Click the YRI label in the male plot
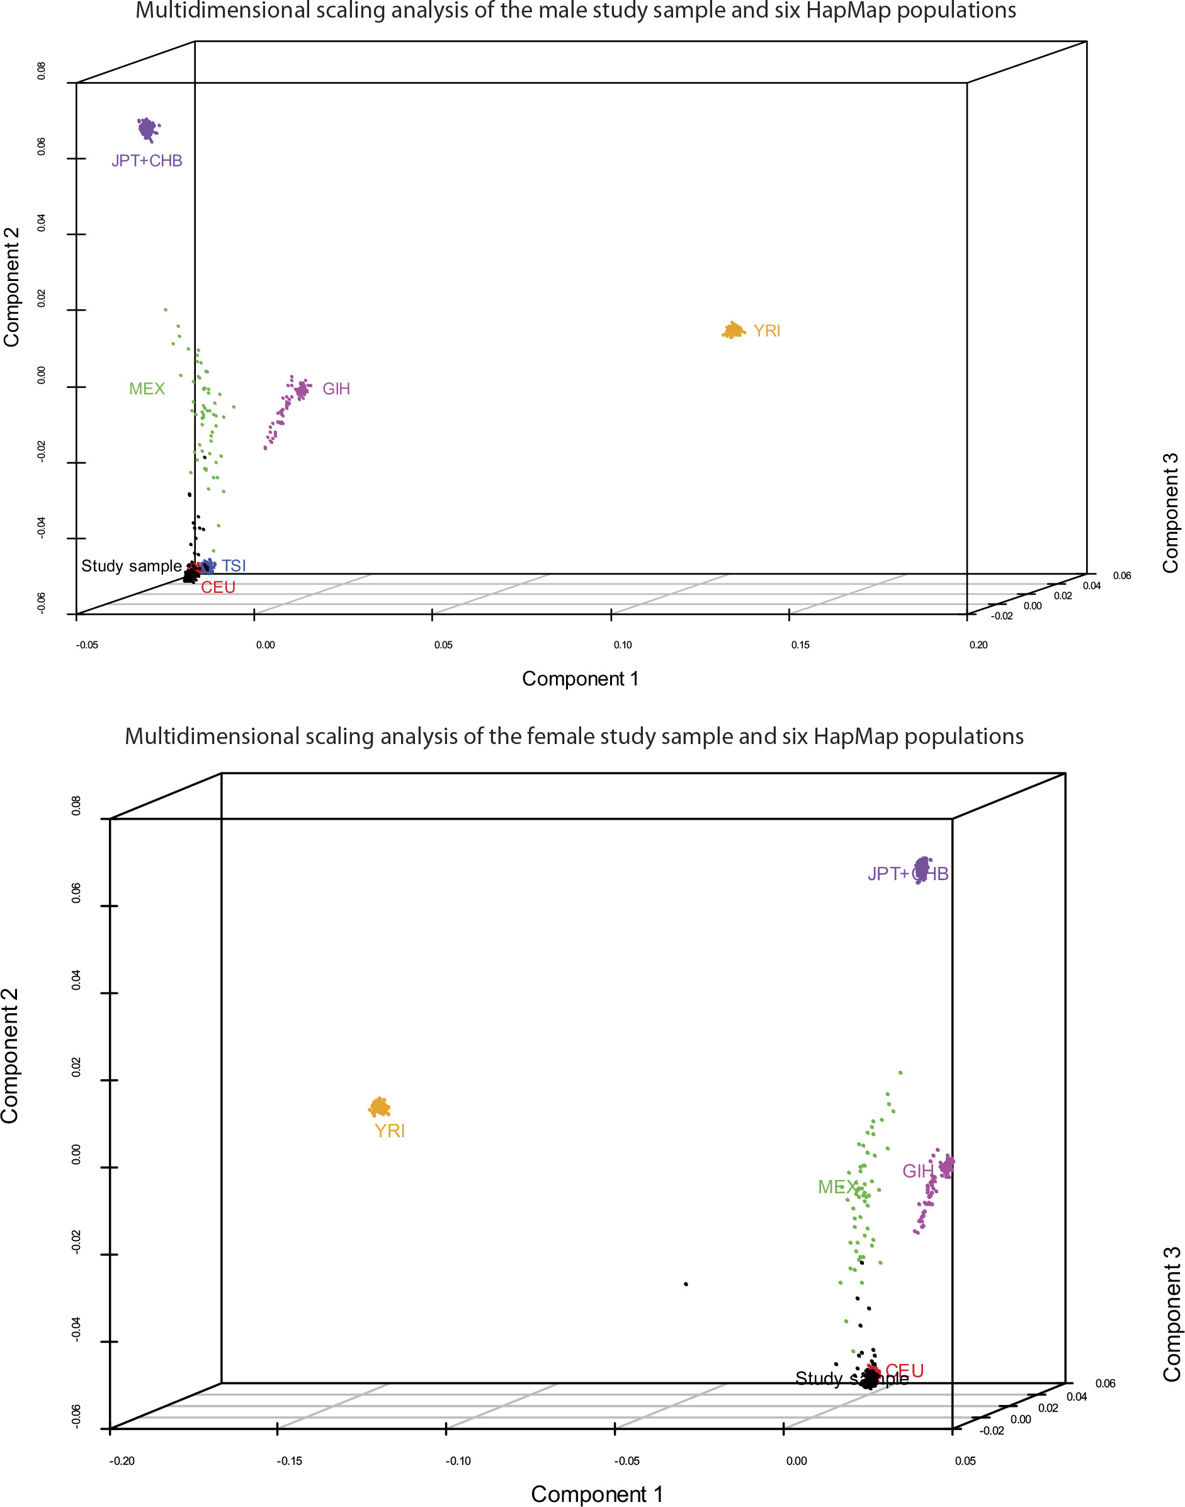point(767,331)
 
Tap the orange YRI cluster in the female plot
point(380,1107)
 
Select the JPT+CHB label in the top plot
point(147,161)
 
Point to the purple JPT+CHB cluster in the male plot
point(146,129)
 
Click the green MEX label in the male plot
point(147,389)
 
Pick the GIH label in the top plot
point(336,389)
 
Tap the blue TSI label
point(234,566)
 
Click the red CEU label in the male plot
point(218,587)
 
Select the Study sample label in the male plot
point(131,566)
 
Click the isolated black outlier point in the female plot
point(686,1284)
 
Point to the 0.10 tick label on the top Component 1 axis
point(622,645)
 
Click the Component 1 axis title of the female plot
point(597,1494)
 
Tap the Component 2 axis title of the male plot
point(12,286)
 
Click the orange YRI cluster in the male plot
point(733,330)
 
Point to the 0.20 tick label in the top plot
point(978,645)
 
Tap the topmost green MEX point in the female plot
point(900,1072)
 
